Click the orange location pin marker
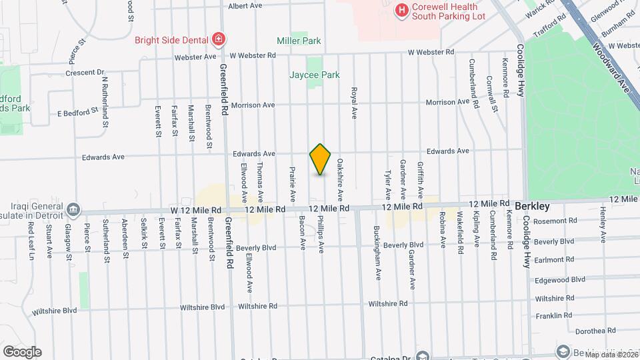click(x=321, y=159)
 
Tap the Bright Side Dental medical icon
click(x=218, y=39)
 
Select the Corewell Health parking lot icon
click(x=401, y=10)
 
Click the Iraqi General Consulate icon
click(x=73, y=211)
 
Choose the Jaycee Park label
click(x=315, y=75)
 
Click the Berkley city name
click(x=531, y=207)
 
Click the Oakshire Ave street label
click(x=339, y=180)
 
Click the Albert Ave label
click(x=245, y=6)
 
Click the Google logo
click(x=21, y=352)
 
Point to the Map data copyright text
click(x=609, y=355)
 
